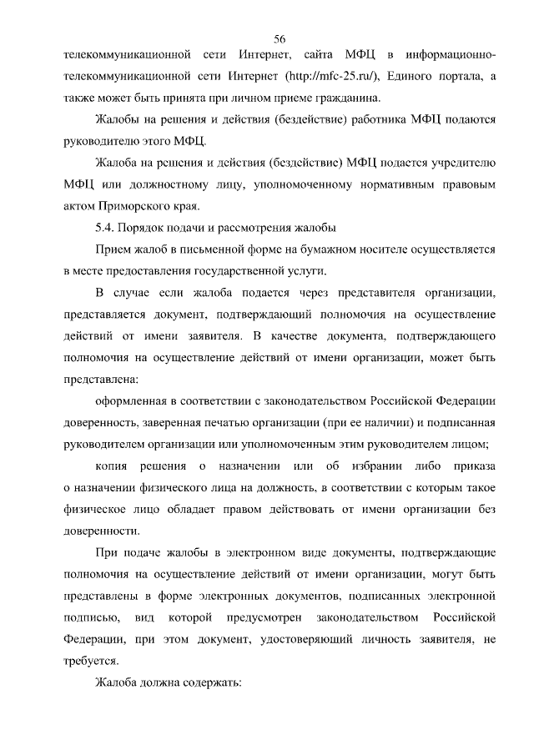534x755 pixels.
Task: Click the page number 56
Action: (x=280, y=39)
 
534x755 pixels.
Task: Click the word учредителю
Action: (x=460, y=163)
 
